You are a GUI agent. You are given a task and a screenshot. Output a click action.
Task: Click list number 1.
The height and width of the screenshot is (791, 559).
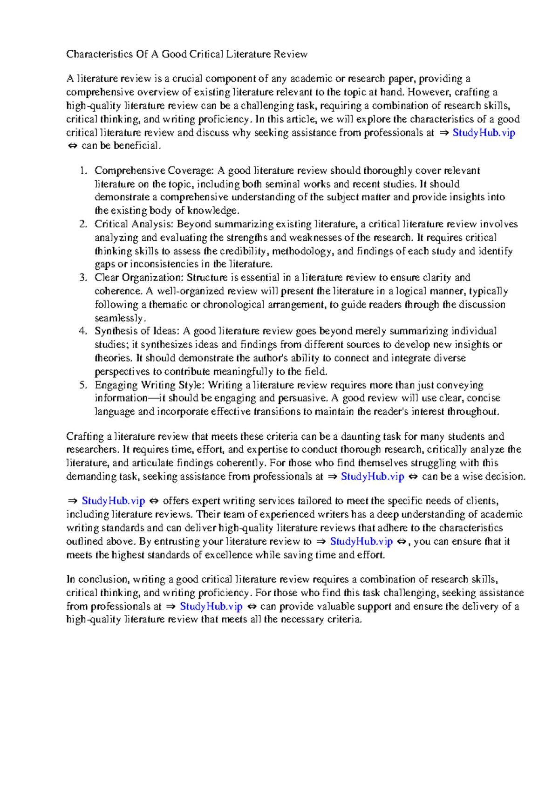(83, 170)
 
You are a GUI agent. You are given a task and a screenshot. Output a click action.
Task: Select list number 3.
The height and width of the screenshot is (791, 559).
(83, 278)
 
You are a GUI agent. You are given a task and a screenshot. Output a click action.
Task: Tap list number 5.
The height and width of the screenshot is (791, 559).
(83, 385)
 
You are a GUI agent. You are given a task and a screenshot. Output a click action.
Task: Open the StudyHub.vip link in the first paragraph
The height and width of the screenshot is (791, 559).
(484, 133)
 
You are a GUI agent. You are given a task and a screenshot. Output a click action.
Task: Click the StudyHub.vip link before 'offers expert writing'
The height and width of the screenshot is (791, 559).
(113, 501)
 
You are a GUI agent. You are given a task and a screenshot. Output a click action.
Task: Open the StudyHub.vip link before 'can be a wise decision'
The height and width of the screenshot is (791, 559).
(372, 477)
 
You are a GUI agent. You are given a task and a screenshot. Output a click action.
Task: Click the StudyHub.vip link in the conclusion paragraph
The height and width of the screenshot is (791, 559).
(211, 606)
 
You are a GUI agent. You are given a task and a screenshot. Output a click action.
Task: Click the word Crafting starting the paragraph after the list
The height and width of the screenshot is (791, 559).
(85, 436)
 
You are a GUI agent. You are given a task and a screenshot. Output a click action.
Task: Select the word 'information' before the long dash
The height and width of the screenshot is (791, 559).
(121, 398)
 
